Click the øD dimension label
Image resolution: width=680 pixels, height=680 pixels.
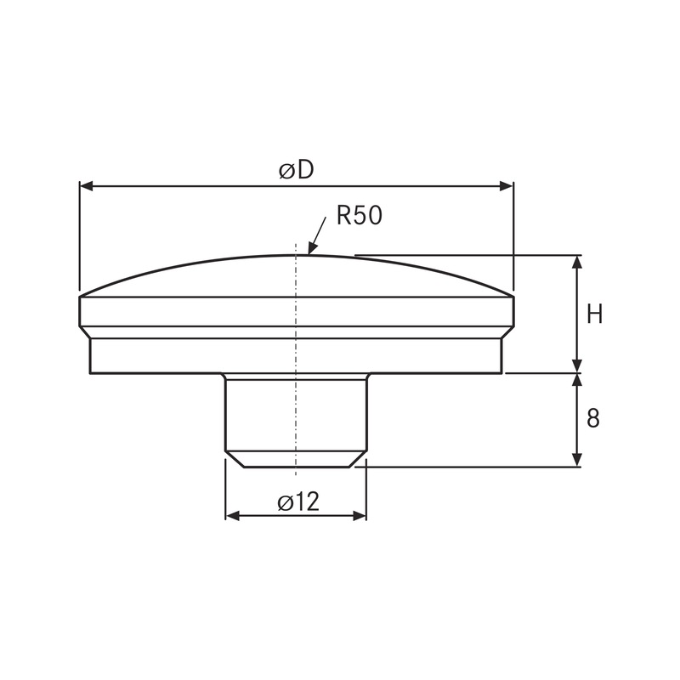[x=296, y=170]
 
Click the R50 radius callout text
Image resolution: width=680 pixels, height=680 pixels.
[x=359, y=215]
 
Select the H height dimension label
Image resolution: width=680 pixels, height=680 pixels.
[x=595, y=314]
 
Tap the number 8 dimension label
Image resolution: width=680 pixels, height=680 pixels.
[x=593, y=418]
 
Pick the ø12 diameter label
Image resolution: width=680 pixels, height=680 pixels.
[x=297, y=501]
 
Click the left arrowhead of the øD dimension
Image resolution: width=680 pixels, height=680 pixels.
[x=86, y=185]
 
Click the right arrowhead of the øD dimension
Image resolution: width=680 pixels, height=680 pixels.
[x=507, y=185]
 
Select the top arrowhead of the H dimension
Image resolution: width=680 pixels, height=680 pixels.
[x=578, y=261]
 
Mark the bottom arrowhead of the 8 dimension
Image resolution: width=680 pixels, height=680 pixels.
[x=578, y=460]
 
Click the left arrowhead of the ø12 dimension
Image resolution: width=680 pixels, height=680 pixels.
[x=231, y=516]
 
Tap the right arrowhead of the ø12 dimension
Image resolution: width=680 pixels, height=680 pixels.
[x=360, y=516]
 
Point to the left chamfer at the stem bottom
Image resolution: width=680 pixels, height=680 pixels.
[x=234, y=459]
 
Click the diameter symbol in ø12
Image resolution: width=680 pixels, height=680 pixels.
[x=285, y=502]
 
